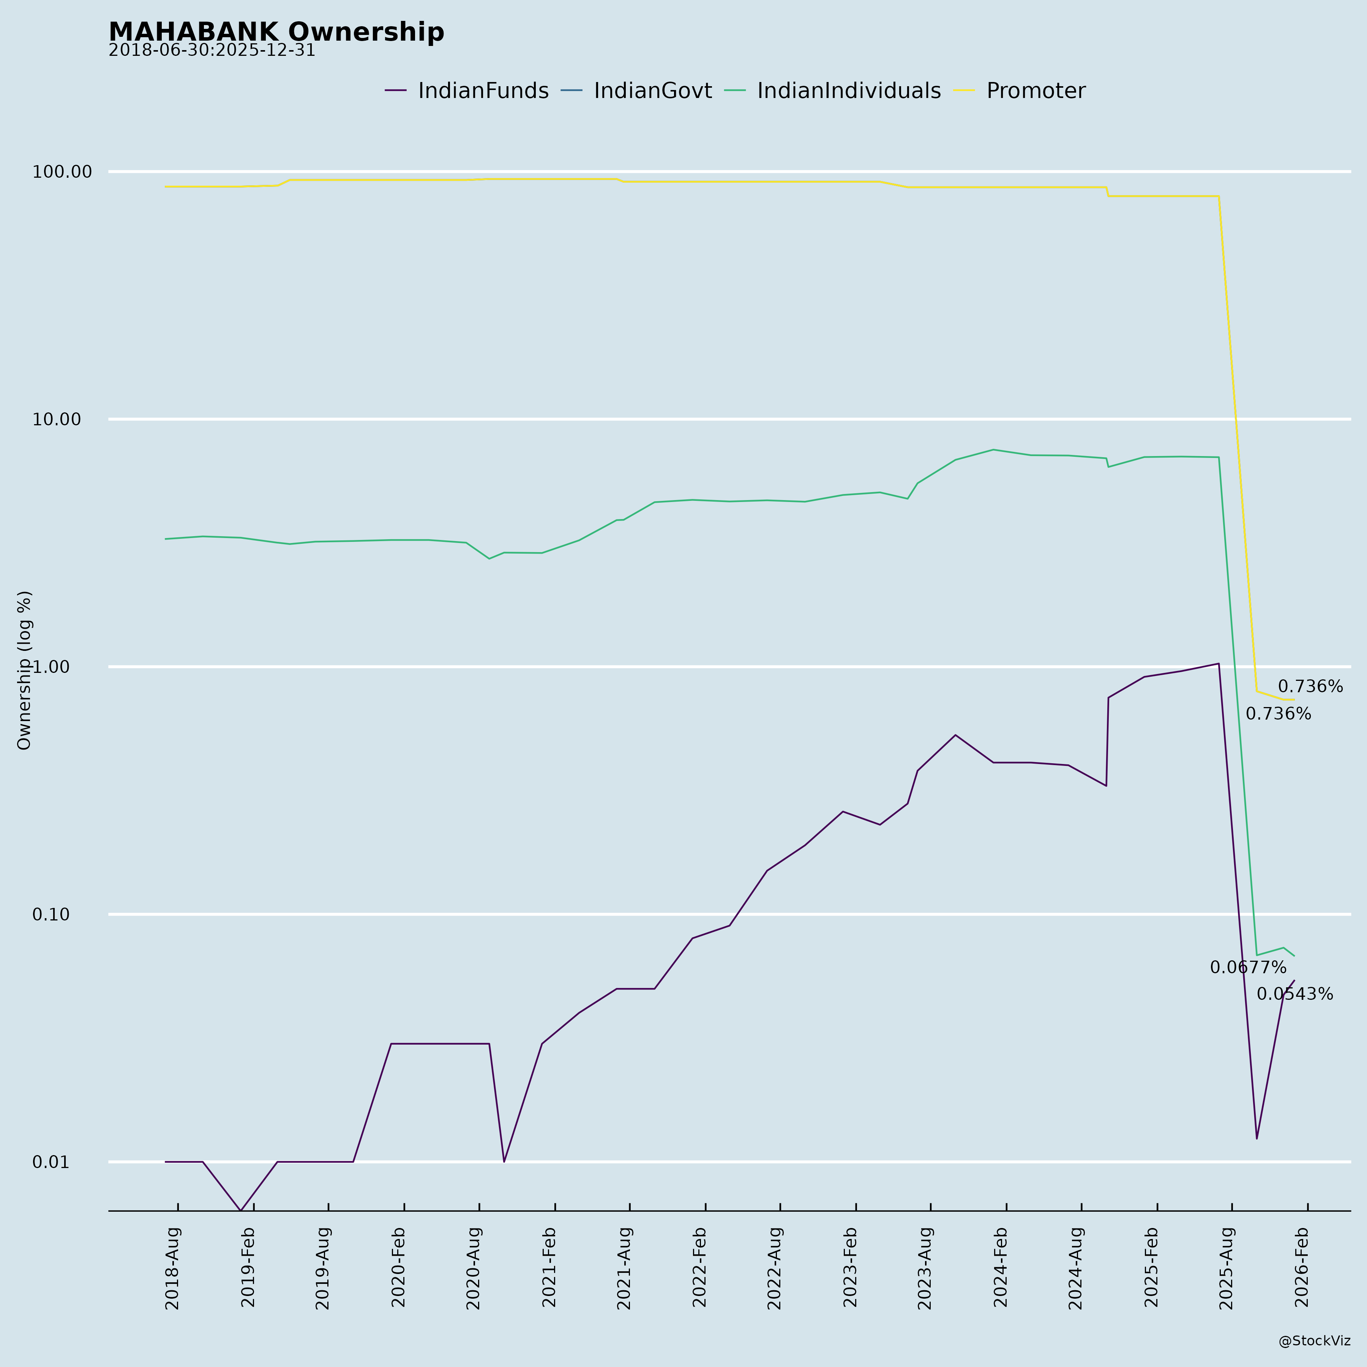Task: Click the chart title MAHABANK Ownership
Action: [276, 33]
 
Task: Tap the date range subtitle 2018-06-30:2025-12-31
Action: [212, 51]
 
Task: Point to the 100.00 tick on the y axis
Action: [62, 172]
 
